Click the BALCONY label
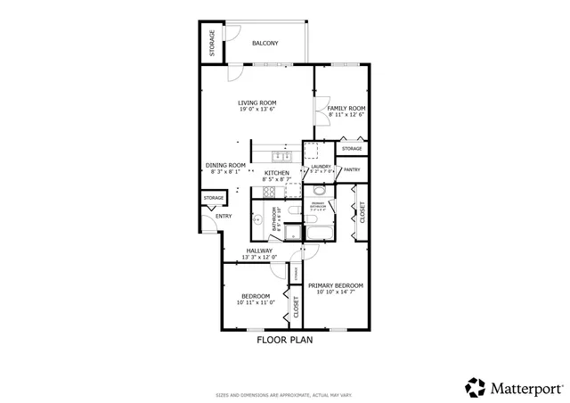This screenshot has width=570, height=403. (x=265, y=43)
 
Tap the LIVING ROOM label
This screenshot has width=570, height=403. (x=256, y=103)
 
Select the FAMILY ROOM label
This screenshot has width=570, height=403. (x=346, y=108)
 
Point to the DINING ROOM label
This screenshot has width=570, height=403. (x=225, y=165)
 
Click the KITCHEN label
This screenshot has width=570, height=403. (x=277, y=172)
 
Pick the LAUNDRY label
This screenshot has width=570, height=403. (x=321, y=166)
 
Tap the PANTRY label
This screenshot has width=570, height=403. (x=352, y=169)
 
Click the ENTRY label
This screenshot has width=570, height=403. (x=223, y=216)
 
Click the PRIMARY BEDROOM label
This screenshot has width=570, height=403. (x=336, y=285)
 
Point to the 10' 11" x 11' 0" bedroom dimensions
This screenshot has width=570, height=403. (x=256, y=302)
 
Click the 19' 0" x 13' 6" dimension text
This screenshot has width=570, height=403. (x=256, y=110)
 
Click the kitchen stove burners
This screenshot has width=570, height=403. (x=268, y=191)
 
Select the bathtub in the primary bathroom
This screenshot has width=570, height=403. (x=318, y=233)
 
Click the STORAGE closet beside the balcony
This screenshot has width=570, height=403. (x=212, y=44)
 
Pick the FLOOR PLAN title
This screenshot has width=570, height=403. (x=285, y=340)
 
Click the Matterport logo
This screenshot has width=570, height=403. (x=514, y=387)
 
